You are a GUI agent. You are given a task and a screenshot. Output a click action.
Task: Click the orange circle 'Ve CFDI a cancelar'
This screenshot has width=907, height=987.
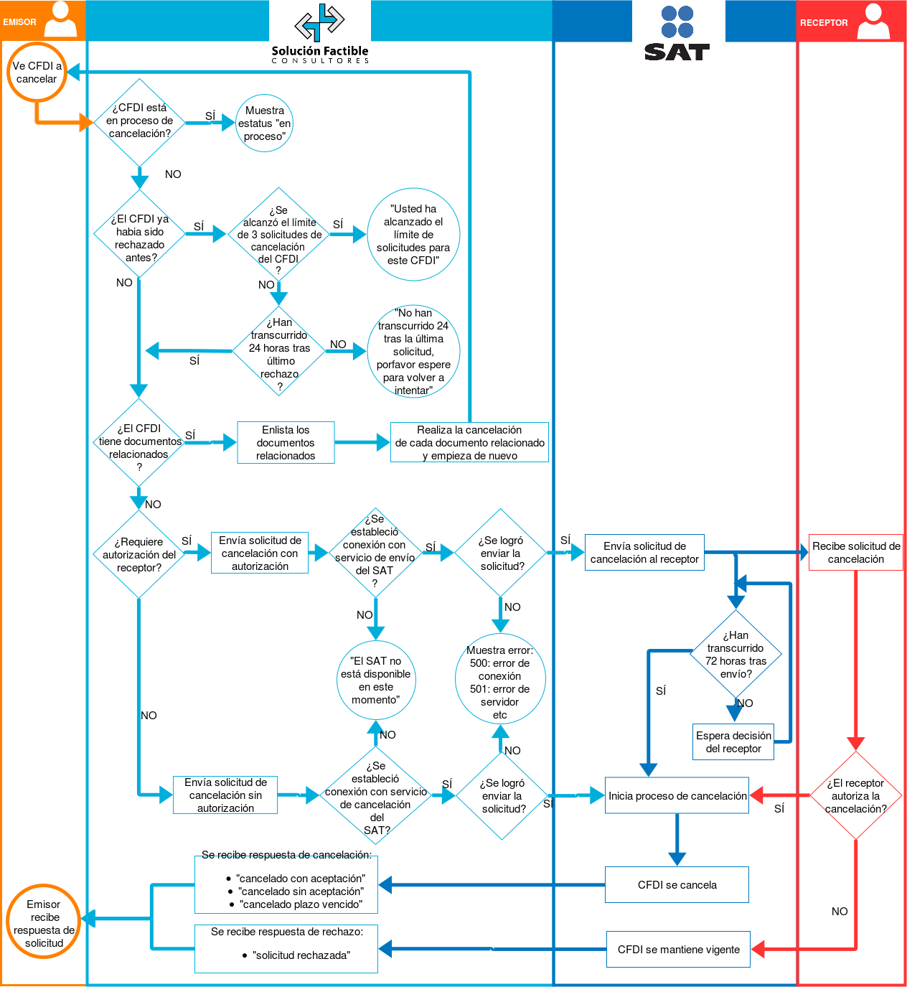click(37, 72)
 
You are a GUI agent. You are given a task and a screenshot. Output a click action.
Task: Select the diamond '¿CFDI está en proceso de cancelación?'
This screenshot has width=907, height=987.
click(139, 121)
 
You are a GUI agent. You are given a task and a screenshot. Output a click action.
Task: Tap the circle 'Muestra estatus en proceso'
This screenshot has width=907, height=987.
click(265, 123)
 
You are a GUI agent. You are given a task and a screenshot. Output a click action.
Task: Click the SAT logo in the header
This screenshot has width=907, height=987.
click(677, 34)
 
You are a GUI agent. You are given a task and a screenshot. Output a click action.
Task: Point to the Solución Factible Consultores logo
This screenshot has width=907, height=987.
click(320, 34)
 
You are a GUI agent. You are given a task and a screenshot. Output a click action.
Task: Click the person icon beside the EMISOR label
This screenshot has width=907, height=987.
click(60, 20)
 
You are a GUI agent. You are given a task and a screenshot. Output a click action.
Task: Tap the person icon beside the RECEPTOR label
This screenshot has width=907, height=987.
click(873, 21)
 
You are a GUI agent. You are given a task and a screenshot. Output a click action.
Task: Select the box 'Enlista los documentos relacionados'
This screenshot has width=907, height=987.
click(286, 443)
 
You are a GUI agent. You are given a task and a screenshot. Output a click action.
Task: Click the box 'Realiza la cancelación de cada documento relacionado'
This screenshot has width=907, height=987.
click(469, 443)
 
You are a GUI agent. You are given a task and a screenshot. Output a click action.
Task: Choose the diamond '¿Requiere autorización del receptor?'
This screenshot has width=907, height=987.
click(138, 555)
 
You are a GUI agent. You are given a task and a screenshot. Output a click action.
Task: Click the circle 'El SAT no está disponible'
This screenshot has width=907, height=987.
click(375, 680)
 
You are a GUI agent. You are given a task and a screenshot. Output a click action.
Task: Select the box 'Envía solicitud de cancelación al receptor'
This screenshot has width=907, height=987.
click(644, 553)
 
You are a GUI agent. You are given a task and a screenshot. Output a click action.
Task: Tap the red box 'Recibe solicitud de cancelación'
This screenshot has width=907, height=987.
click(855, 553)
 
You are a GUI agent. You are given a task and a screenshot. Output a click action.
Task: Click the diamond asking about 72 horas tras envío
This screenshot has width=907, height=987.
click(736, 654)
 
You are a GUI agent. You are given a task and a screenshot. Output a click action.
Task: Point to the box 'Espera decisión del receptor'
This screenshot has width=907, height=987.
click(733, 742)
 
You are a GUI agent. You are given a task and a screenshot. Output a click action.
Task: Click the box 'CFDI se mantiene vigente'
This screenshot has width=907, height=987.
click(678, 950)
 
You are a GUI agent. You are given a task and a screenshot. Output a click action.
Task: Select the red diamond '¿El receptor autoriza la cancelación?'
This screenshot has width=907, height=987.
click(855, 795)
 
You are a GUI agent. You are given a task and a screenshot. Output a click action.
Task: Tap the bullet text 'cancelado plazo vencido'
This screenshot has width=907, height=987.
click(301, 904)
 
